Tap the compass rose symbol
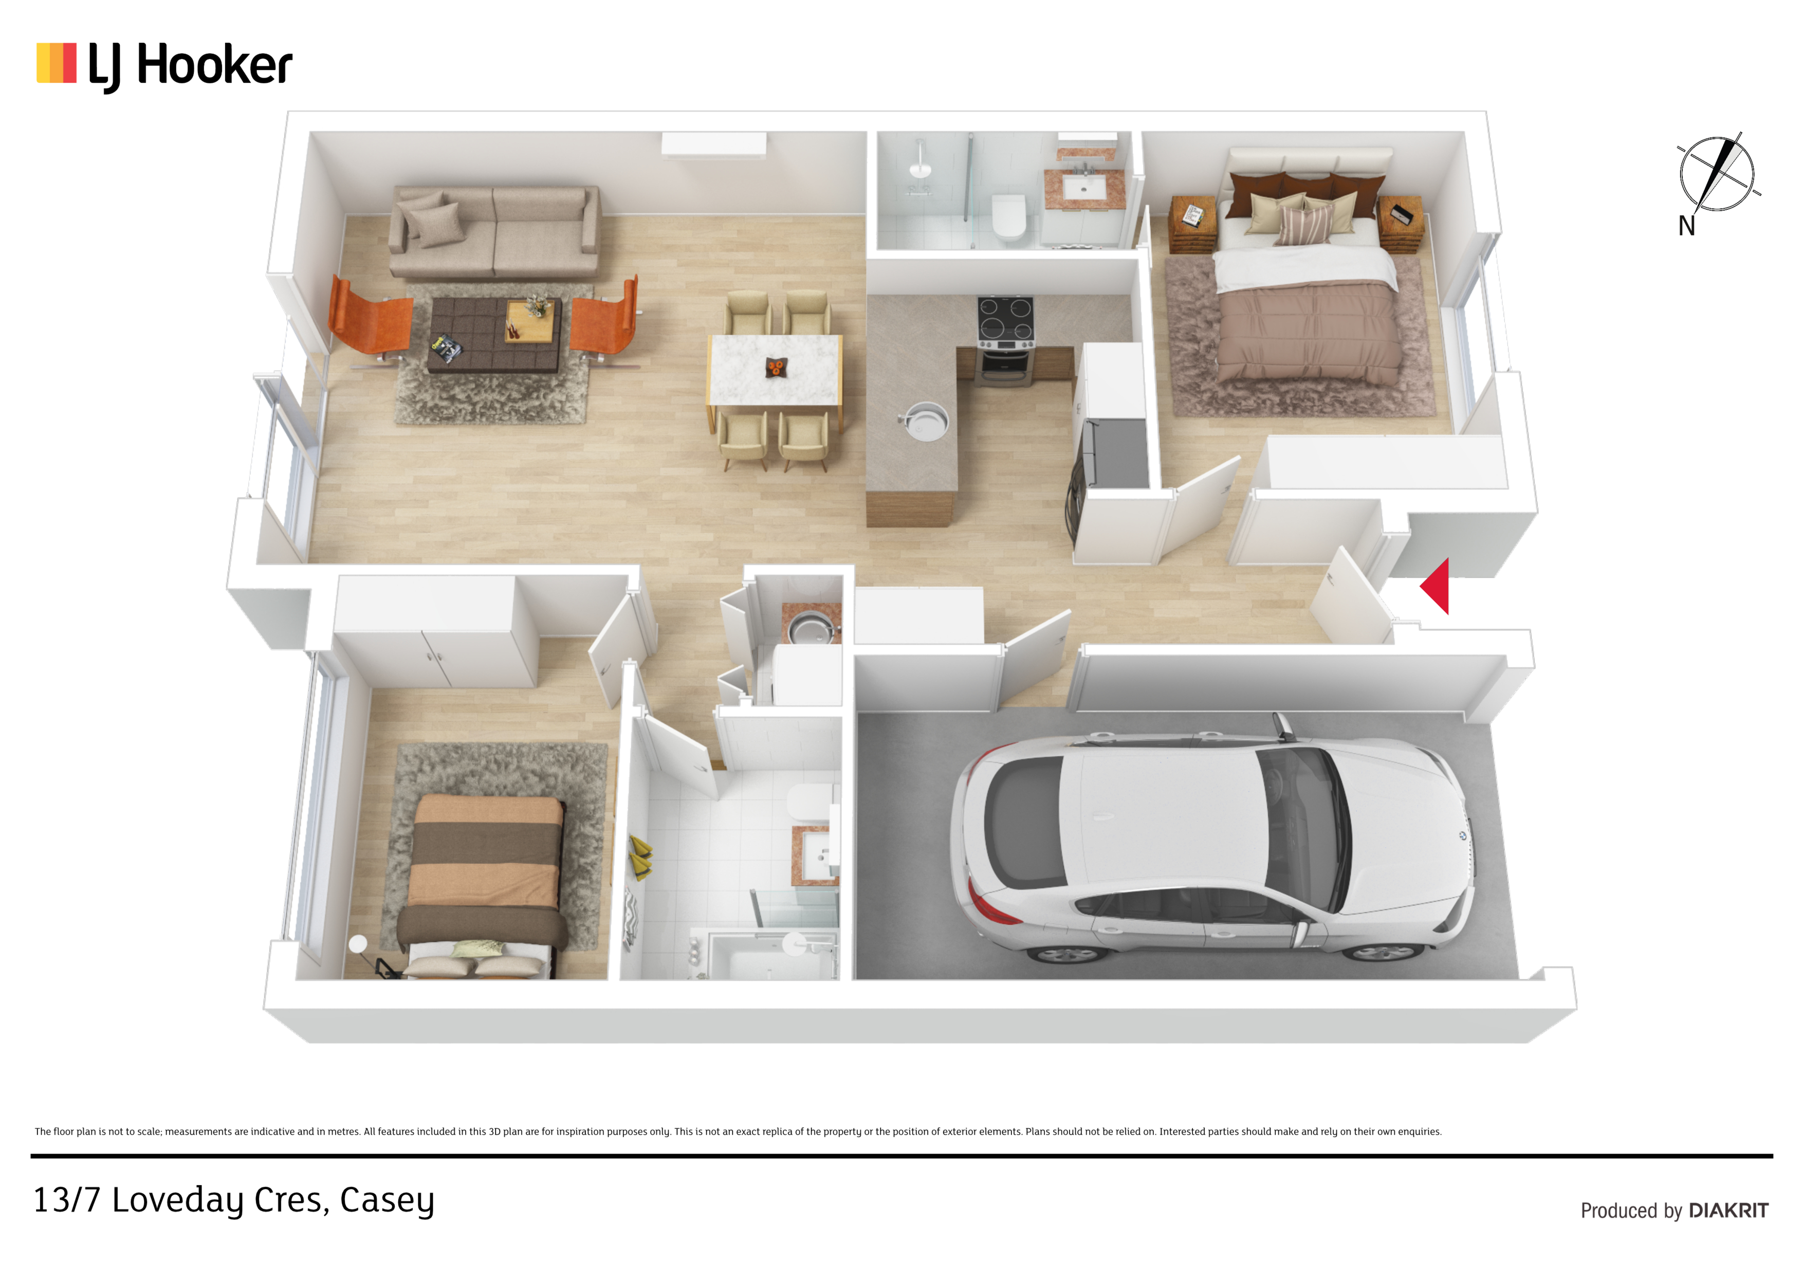pos(1717,174)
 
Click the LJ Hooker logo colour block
pos(57,63)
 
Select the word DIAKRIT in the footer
pos(1728,1211)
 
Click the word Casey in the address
pos(387,1201)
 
